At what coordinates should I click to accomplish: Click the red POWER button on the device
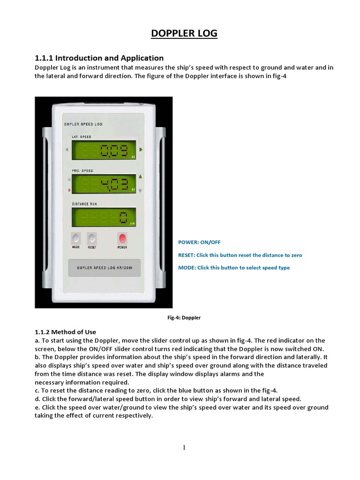click(x=122, y=238)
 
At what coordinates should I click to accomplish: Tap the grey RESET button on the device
click(x=92, y=238)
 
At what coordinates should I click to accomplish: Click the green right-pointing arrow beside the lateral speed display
click(x=141, y=150)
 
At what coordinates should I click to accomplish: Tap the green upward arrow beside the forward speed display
click(x=140, y=176)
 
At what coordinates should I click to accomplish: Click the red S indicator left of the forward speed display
click(x=69, y=190)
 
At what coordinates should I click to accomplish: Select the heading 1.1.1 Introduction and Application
click(x=99, y=58)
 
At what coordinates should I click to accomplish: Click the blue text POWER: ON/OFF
click(x=199, y=242)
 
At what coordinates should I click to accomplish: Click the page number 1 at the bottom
click(x=184, y=447)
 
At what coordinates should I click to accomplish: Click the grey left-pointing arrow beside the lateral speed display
click(x=67, y=150)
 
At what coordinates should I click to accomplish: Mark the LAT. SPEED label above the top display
click(x=82, y=136)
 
